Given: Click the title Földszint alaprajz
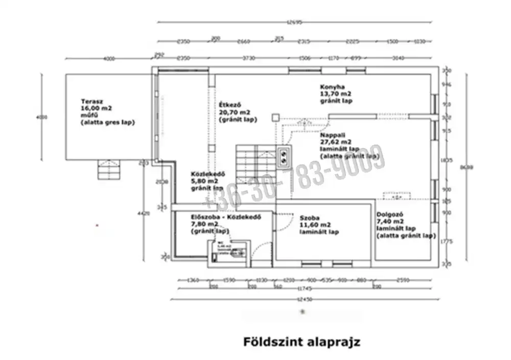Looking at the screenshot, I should coord(301,341).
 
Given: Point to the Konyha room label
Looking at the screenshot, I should coord(333,87).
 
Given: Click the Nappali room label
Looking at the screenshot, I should coord(333,134).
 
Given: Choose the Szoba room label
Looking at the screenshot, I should coord(310,217).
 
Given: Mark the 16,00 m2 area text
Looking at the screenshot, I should coord(96,108).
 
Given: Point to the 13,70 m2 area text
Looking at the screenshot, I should coord(336,94).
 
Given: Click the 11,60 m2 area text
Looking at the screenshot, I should coord(315,225).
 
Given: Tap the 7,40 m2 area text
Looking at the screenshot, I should coord(390,222).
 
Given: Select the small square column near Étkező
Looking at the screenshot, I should coord(275,117).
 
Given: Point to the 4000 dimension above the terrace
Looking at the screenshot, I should coord(108,59).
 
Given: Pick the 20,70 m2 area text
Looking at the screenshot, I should coord(235,112).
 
